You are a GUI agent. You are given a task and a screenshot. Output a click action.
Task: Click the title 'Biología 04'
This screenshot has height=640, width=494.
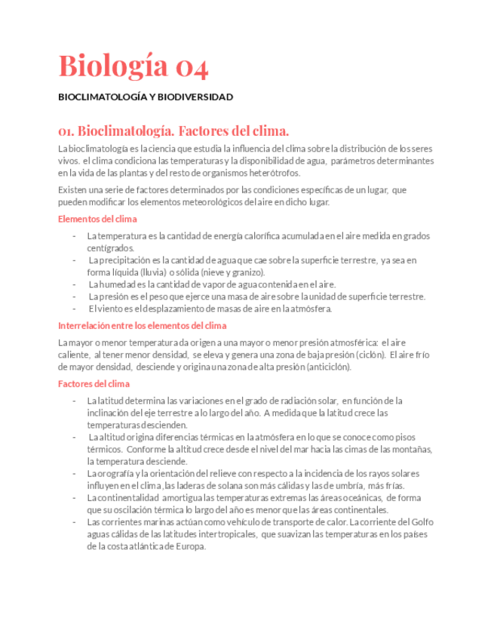(x=133, y=66)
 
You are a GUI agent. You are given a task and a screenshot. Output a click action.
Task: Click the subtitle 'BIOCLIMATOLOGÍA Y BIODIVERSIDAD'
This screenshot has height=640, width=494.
(x=146, y=97)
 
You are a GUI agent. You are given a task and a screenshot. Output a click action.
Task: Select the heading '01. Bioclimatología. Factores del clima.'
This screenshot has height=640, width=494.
(x=173, y=130)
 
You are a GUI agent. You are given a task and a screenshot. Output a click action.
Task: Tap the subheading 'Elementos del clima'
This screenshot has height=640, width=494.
(x=98, y=219)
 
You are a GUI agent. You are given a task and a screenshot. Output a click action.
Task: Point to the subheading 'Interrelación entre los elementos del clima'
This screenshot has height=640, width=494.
(x=143, y=326)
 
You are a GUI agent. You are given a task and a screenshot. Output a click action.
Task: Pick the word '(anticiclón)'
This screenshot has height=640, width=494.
(x=328, y=367)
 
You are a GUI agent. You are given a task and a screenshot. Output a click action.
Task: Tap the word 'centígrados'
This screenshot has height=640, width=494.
(x=110, y=248)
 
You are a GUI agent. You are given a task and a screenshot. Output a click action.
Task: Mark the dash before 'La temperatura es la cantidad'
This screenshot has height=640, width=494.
(x=74, y=236)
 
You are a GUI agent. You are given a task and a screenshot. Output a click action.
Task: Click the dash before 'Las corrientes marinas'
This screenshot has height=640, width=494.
(x=74, y=522)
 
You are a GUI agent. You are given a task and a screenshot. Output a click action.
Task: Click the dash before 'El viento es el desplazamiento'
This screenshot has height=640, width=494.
(x=74, y=308)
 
